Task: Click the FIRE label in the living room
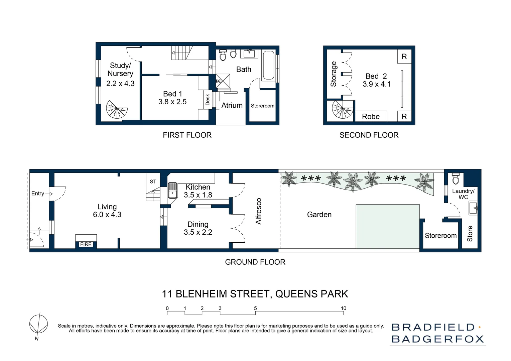(86, 244)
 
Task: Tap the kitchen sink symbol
(172, 190)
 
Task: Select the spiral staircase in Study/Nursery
(116, 110)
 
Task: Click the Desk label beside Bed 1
(208, 99)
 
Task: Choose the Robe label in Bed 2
(371, 117)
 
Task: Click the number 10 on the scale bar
(343, 308)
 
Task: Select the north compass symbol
(38, 324)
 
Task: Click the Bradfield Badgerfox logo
(437, 333)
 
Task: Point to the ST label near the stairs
(153, 182)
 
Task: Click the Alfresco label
(258, 211)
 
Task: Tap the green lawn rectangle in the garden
(387, 226)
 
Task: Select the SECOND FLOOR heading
(369, 135)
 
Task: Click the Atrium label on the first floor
(232, 105)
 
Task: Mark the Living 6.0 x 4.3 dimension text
(107, 215)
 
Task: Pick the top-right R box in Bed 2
(404, 56)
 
